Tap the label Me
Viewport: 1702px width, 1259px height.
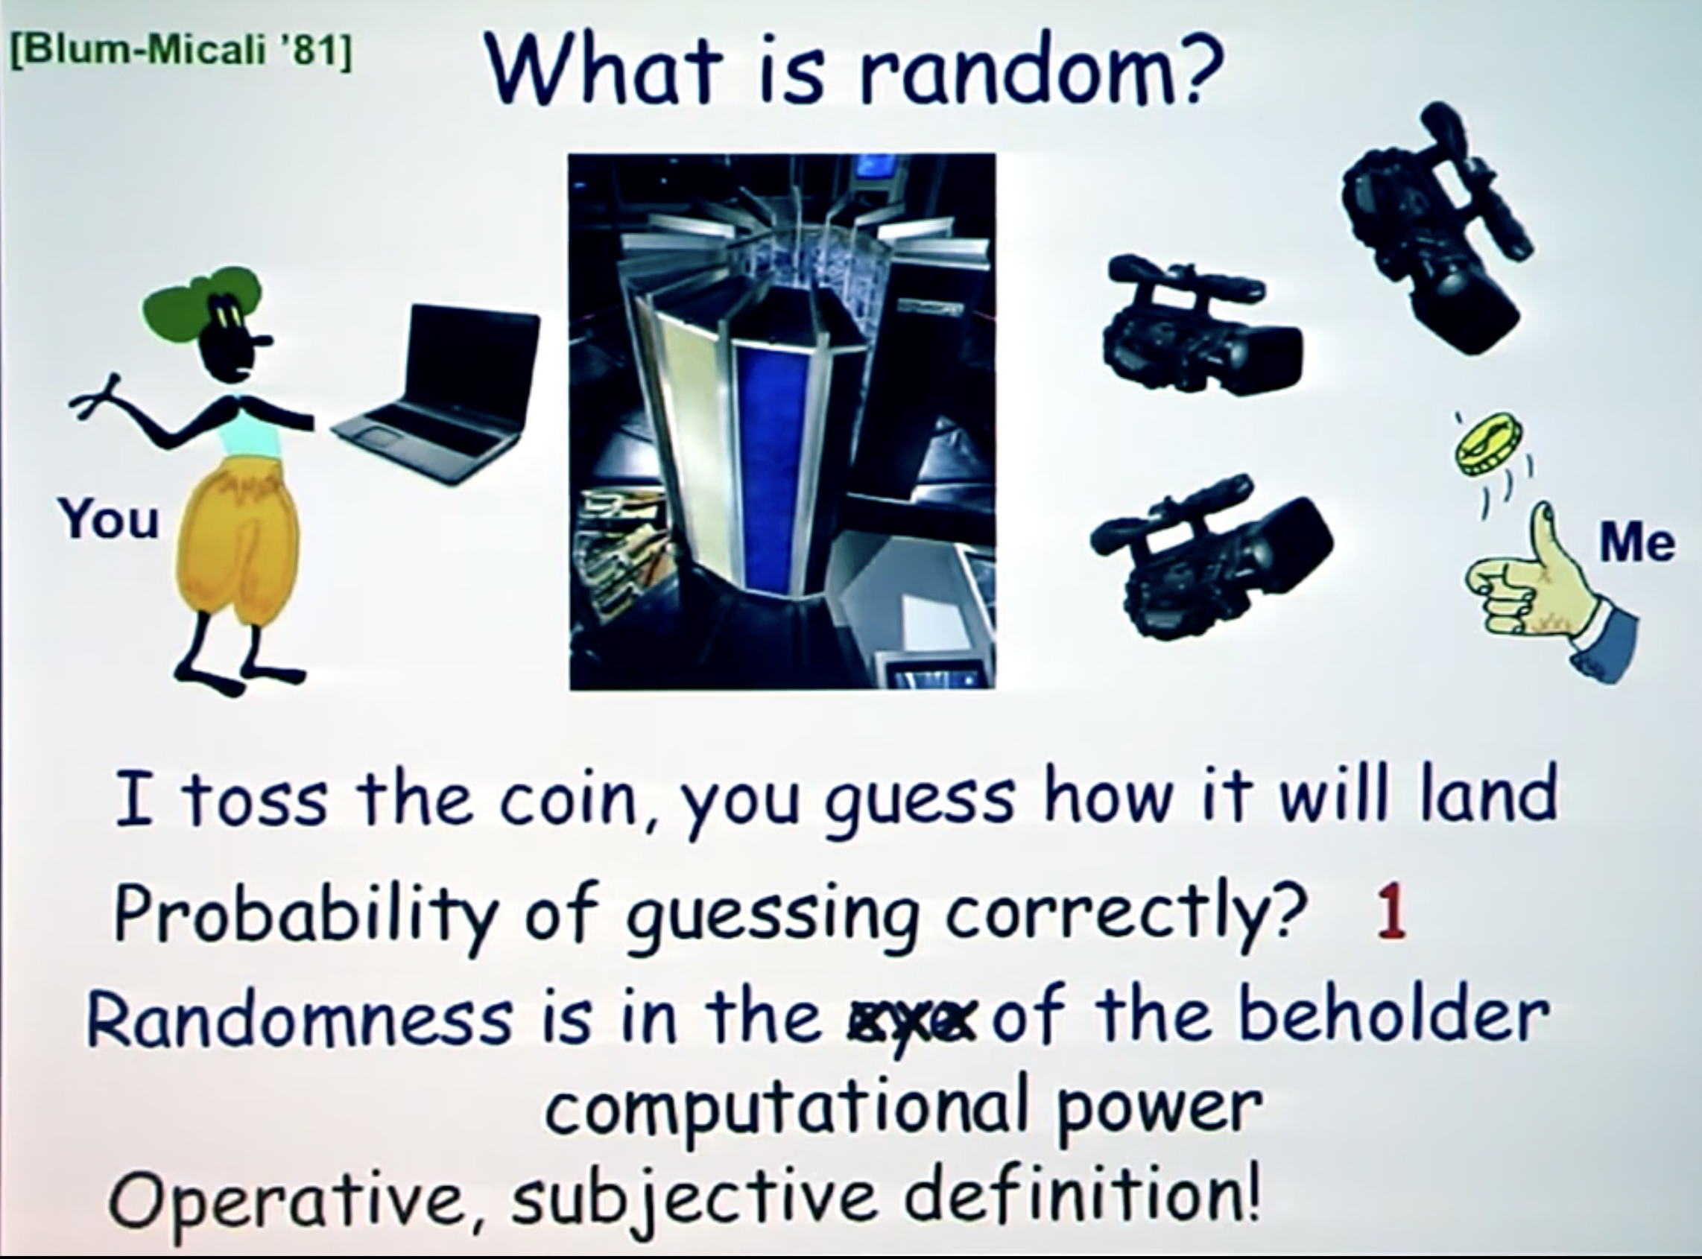coord(1636,542)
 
